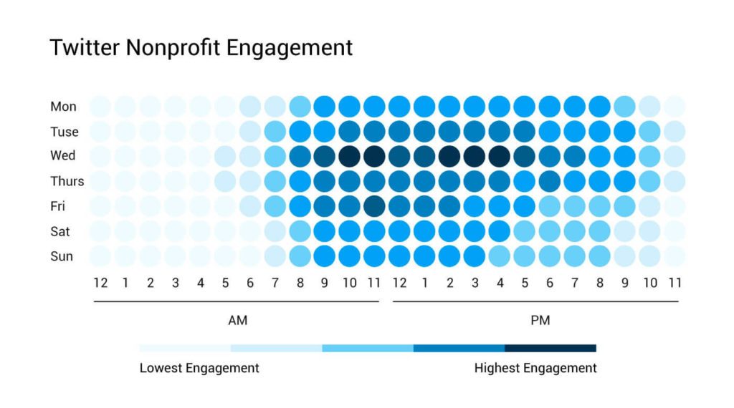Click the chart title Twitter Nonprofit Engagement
(201, 48)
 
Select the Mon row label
(63, 107)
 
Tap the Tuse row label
(65, 132)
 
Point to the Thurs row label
(67, 181)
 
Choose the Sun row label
(62, 256)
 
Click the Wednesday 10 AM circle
(349, 156)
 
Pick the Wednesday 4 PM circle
(499, 156)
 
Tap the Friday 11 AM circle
(374, 206)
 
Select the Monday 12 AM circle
(100, 107)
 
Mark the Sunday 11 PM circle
(674, 256)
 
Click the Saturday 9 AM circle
(325, 230)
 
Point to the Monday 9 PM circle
(624, 107)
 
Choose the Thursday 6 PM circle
(549, 181)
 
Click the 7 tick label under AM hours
(275, 283)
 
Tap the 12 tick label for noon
(399, 283)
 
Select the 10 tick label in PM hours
(649, 283)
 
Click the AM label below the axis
(237, 321)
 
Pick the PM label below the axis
(540, 321)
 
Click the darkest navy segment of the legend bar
(550, 349)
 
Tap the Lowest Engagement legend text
(199, 369)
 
